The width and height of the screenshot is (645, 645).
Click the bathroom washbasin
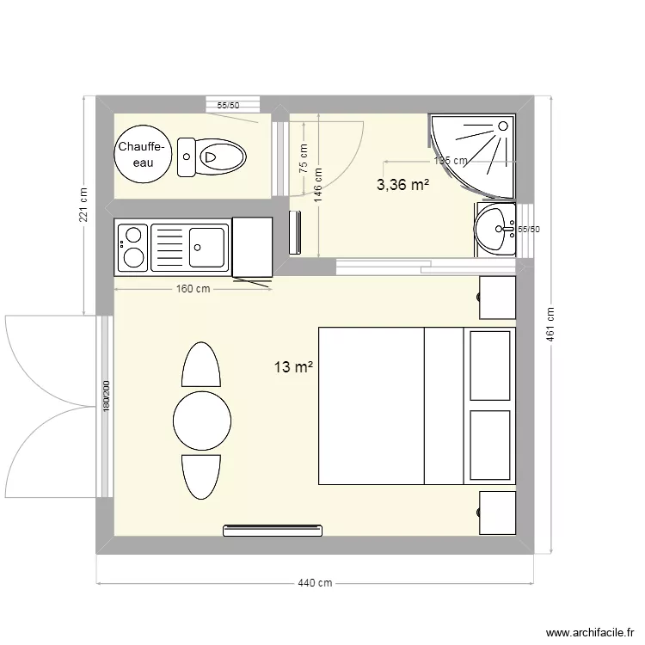(495, 229)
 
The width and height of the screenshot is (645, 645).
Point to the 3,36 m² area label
(402, 183)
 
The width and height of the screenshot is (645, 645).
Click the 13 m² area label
(293, 368)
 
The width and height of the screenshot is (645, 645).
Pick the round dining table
(202, 421)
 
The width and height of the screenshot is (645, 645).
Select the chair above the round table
(202, 365)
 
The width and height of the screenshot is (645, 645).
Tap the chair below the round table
(202, 476)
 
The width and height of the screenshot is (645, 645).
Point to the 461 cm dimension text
(550, 325)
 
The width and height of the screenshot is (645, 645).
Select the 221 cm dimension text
(83, 206)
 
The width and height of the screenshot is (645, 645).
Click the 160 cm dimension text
(193, 289)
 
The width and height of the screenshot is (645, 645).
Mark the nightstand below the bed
(497, 513)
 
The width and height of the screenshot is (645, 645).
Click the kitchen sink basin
(207, 248)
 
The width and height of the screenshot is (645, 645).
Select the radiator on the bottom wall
(273, 530)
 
